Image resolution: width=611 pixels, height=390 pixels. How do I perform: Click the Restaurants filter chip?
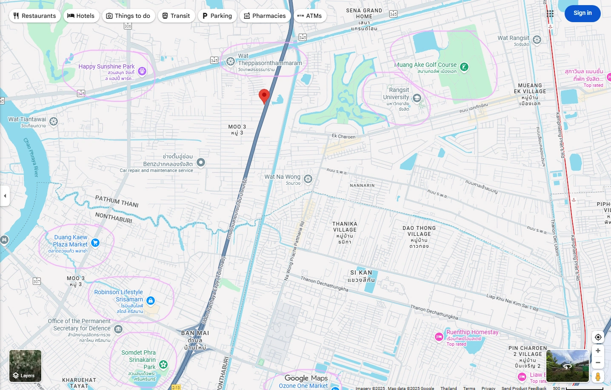[35, 16]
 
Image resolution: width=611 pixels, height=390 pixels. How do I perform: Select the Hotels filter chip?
[81, 16]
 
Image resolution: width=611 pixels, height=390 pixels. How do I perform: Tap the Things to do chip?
[128, 16]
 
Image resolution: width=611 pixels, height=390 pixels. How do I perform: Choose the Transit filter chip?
[176, 16]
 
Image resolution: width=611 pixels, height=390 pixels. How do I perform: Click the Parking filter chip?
[217, 16]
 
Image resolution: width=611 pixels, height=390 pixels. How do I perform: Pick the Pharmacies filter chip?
[265, 16]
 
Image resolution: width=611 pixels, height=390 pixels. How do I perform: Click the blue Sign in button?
[582, 13]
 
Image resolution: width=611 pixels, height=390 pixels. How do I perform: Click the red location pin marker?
[264, 96]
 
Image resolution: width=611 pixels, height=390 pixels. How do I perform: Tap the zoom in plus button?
[598, 351]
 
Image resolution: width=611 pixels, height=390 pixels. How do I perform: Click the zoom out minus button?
[598, 363]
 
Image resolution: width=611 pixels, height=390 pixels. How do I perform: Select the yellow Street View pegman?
[598, 376]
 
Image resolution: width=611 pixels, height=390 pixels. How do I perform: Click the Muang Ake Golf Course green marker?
[464, 67]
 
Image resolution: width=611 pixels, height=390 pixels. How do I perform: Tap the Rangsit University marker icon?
[417, 98]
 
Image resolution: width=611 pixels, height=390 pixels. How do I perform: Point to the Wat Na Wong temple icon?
[308, 179]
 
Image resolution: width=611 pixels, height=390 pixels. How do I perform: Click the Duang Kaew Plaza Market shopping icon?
[95, 243]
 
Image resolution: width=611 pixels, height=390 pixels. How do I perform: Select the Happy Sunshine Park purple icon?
[142, 71]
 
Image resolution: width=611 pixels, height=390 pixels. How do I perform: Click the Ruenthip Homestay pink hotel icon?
[439, 337]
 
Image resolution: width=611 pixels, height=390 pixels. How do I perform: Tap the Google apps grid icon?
[550, 14]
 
